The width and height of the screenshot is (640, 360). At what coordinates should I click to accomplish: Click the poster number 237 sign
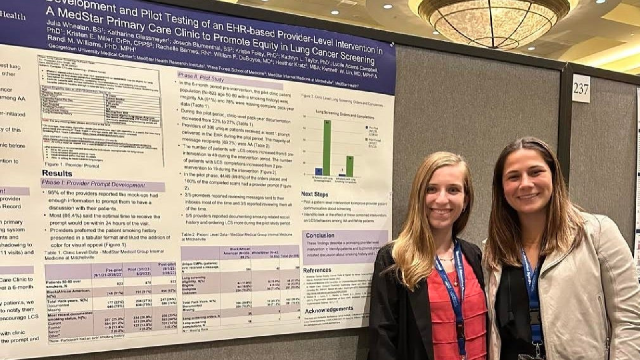pos(581,88)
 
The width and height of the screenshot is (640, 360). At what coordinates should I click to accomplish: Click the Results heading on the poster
pos(57,173)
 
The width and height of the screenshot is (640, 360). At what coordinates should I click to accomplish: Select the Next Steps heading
pos(314,194)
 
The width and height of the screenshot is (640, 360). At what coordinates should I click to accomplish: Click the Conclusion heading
pos(320,235)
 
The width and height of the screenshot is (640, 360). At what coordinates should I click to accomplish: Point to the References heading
pos(317,270)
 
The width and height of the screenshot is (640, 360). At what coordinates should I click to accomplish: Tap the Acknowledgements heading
pos(329,309)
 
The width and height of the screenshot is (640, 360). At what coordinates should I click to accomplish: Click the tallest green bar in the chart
pos(327,148)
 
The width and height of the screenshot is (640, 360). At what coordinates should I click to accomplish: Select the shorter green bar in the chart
pos(350,166)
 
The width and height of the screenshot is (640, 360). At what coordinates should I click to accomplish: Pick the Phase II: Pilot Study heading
pos(201,77)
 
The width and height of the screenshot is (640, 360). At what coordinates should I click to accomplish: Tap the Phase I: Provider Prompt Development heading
pos(94,185)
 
